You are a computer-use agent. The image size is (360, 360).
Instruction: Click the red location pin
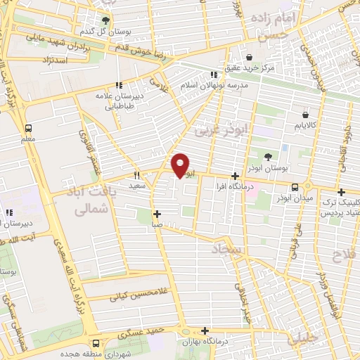click(181, 165)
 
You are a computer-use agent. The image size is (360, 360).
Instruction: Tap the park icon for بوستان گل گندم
click(105, 20)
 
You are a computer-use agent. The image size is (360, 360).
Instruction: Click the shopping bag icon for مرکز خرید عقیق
click(249, 58)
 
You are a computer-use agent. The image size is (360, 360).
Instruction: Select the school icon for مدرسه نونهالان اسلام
click(213, 74)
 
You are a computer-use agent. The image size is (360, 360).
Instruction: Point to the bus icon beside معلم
click(29, 129)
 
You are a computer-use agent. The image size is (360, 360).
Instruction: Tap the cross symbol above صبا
click(156, 214)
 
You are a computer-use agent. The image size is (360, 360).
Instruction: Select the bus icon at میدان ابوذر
click(295, 187)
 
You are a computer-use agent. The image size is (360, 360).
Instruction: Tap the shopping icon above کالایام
click(305, 115)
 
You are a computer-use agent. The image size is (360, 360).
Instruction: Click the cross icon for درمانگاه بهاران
click(205, 330)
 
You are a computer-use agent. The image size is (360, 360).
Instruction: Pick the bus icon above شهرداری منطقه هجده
click(96, 343)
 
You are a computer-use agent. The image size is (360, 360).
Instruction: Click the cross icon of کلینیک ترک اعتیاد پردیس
click(341, 192)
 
